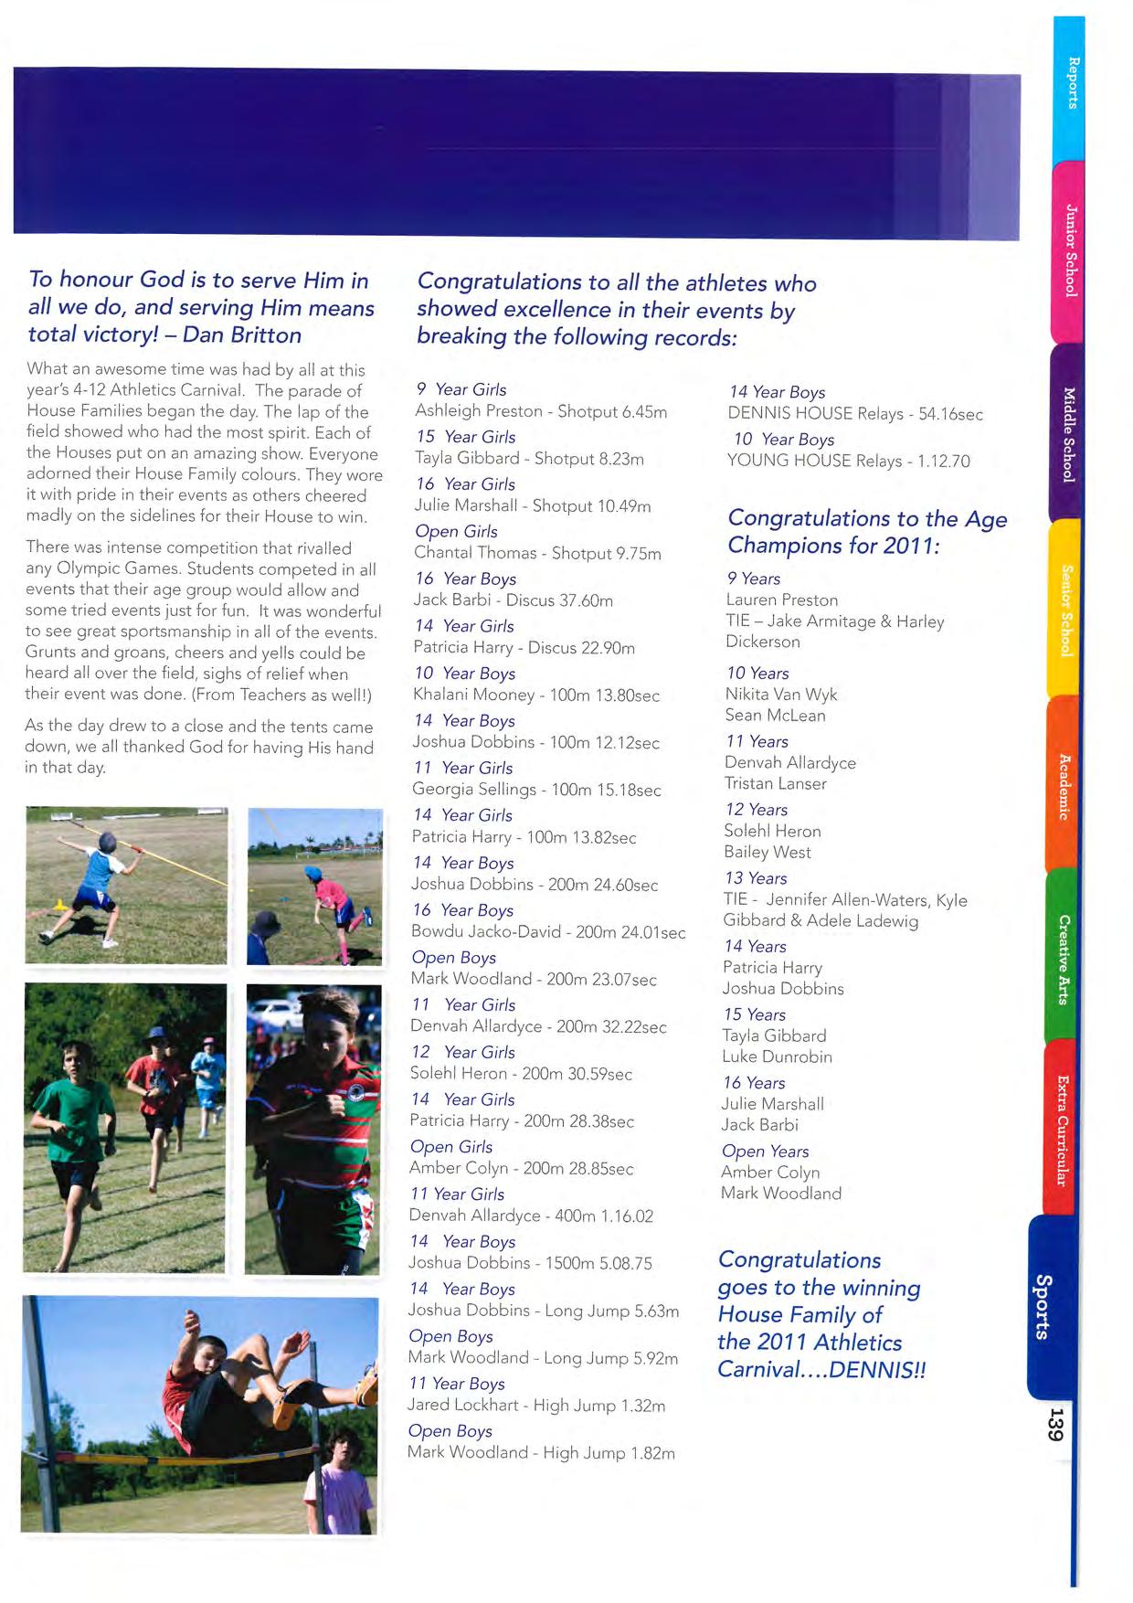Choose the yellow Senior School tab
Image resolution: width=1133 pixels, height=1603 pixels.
point(1064,610)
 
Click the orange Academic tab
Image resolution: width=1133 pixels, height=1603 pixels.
point(1063,786)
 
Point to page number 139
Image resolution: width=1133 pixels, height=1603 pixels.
point(1055,1425)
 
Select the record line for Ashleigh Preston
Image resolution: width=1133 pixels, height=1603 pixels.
point(541,411)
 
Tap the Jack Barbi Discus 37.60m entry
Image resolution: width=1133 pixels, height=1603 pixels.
point(513,600)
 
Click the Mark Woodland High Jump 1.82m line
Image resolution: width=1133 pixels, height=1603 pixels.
point(541,1452)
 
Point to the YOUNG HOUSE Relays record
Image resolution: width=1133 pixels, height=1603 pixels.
point(848,461)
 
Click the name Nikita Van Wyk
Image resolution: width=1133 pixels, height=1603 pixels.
point(781,695)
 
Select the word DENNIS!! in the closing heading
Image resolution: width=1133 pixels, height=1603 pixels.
point(877,1369)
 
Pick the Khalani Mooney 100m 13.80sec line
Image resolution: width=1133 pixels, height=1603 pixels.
point(535,695)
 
